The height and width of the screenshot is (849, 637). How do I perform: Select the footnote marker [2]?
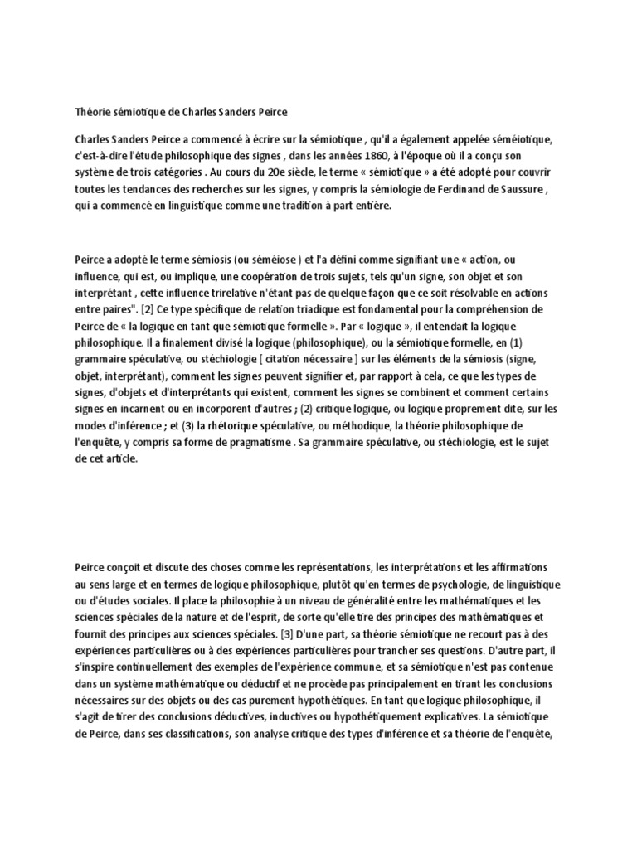point(124,308)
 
